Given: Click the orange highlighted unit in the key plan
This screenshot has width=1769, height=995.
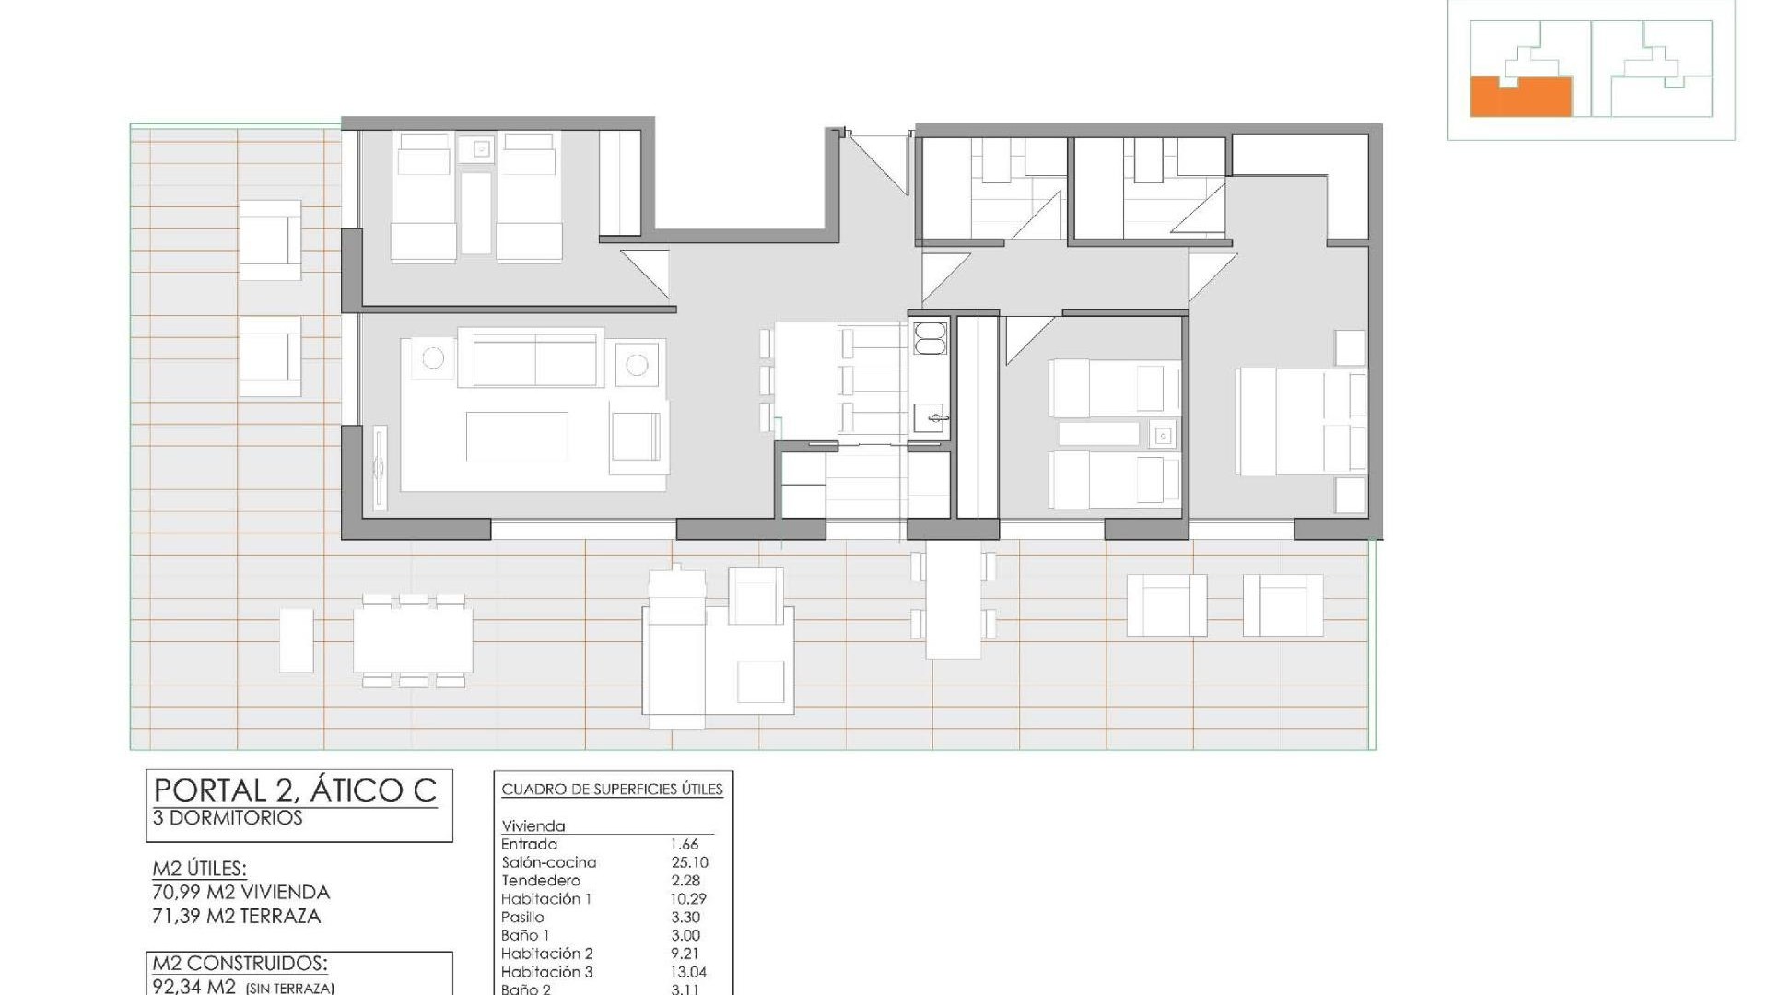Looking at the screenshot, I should (x=1520, y=98).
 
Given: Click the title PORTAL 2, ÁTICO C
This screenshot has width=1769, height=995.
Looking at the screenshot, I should (x=295, y=790).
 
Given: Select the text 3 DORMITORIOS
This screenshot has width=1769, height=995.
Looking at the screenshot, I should (x=228, y=818).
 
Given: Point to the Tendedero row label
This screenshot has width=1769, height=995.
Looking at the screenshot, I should (x=541, y=881).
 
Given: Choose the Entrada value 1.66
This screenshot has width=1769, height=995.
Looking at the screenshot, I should (x=684, y=844).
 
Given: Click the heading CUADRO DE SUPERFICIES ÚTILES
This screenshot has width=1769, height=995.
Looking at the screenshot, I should (x=612, y=790).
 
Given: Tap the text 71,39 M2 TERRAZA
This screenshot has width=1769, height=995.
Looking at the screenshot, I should (x=237, y=916).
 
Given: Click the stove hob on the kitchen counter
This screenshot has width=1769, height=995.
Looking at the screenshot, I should (x=929, y=337).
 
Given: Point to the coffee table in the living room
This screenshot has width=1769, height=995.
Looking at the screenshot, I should (x=516, y=436).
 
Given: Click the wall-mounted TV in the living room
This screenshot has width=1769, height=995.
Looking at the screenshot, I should (x=379, y=470).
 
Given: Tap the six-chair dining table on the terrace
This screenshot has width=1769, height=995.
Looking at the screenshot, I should (x=412, y=640).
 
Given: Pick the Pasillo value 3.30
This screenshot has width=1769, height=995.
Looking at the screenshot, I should (x=685, y=918).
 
